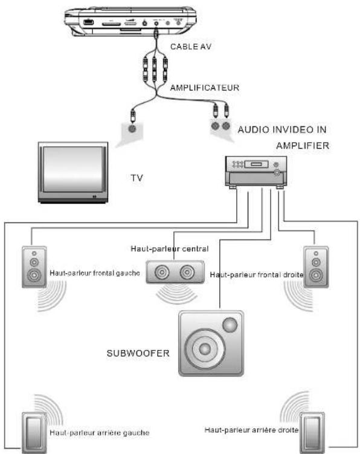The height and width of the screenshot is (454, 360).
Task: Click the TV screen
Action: pos(72,169)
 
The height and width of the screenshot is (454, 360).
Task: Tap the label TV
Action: pos(137,178)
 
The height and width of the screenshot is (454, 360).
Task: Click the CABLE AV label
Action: pos(191,47)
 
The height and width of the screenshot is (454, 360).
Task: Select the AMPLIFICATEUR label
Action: pos(205,88)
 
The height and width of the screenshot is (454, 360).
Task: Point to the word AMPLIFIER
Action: pos(303,145)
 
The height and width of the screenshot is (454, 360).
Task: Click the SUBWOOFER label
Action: pos(138,353)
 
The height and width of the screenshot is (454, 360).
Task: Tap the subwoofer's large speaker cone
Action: pos(205,349)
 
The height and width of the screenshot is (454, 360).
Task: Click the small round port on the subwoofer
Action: pos(230,325)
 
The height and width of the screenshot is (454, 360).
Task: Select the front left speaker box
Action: pos(34,267)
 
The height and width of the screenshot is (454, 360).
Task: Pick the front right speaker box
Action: pos(316,267)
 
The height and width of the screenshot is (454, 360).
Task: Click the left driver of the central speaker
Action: pos(162,272)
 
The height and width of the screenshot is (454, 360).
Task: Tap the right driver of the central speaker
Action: pos(187,272)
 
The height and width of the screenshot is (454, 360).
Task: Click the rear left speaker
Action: pos(34,433)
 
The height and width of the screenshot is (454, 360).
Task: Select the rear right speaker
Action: pos(312,433)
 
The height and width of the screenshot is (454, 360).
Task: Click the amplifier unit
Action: pos(256,172)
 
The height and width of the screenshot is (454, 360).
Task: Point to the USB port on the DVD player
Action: pos(88,22)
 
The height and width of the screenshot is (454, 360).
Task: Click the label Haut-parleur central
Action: pos(170,248)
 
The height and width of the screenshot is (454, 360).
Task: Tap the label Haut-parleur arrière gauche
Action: pos(100,433)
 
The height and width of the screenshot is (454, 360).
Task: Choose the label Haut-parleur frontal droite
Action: pos(257,274)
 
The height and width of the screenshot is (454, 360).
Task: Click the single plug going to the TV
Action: pos(133,116)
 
